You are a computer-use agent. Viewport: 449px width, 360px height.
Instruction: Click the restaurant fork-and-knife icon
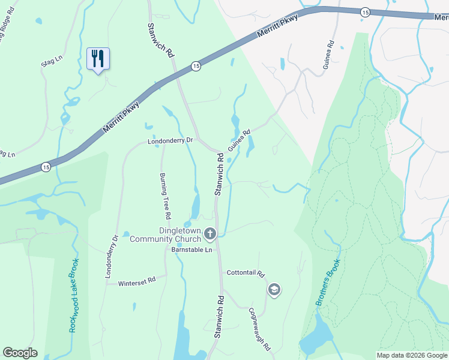click(x=97, y=58)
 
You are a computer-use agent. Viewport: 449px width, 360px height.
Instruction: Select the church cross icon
click(x=210, y=233)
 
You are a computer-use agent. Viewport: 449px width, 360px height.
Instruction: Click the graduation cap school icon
click(x=274, y=290)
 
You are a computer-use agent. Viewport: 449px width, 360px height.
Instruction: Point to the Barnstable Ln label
click(x=192, y=249)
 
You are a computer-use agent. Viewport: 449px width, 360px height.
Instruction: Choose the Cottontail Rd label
click(x=246, y=273)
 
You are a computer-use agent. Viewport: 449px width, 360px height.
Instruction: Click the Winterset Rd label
click(x=137, y=280)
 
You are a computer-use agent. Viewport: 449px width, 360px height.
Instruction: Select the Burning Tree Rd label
click(x=165, y=196)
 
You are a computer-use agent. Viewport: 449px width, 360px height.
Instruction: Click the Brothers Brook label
click(x=329, y=283)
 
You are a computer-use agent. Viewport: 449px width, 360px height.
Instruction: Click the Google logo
click(x=20, y=353)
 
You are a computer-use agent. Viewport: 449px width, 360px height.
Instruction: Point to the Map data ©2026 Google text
click(x=412, y=355)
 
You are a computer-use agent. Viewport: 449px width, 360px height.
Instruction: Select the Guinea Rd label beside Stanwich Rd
click(x=238, y=139)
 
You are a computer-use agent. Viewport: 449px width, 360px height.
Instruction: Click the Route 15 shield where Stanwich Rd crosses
click(x=196, y=67)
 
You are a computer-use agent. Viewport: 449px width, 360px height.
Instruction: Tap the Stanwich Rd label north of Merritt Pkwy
click(x=161, y=41)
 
